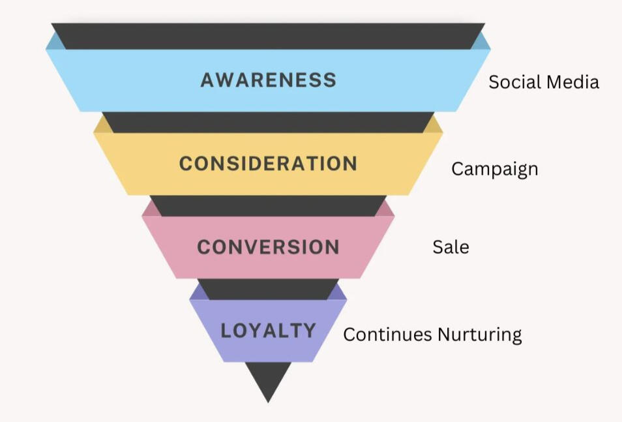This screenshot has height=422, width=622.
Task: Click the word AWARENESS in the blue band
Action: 268,80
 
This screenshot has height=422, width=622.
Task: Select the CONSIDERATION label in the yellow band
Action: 268,163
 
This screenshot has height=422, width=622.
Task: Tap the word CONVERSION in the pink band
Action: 268,247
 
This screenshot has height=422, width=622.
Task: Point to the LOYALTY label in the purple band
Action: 268,330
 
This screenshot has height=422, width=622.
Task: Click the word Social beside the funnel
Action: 513,82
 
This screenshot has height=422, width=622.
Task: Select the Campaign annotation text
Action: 494,169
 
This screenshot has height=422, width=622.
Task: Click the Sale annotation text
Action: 451,247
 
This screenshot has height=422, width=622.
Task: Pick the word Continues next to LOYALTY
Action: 387,335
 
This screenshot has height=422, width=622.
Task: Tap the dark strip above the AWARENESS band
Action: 268,36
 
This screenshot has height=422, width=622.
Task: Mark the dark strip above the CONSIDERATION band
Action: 268,122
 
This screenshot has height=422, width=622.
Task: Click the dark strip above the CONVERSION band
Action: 268,205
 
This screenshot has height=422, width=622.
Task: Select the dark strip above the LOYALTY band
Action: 268,289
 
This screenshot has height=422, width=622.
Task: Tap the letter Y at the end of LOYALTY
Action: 309,330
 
